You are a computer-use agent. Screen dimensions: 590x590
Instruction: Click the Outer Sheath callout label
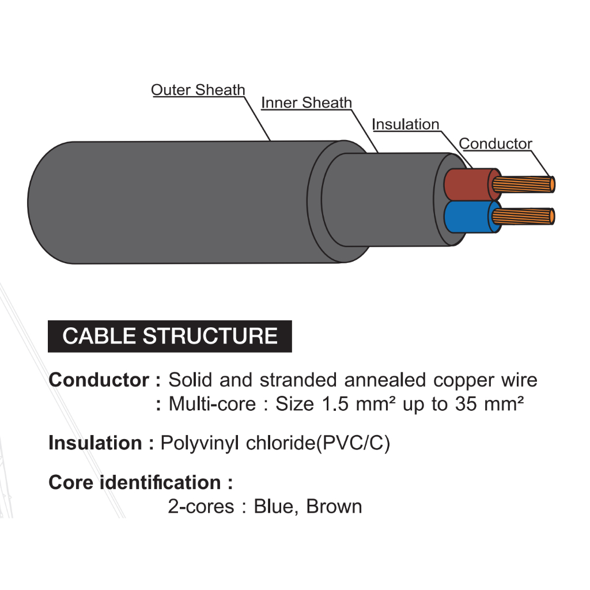click(198, 90)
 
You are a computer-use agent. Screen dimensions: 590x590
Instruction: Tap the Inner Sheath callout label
click(306, 103)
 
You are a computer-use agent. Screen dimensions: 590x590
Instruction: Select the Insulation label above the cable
click(406, 124)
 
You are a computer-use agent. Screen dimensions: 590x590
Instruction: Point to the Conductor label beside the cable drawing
click(496, 144)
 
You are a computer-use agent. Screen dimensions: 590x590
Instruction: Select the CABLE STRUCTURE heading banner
click(169, 336)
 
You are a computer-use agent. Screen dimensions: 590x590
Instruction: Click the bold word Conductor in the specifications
click(99, 380)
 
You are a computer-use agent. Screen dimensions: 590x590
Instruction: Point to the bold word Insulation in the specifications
click(95, 443)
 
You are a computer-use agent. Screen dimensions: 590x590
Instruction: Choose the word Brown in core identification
click(334, 506)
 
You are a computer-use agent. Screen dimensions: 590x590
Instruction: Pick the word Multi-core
click(211, 404)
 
